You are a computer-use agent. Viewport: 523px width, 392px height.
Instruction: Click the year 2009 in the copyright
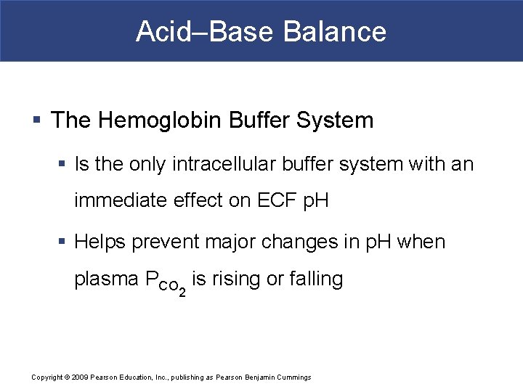click(x=78, y=377)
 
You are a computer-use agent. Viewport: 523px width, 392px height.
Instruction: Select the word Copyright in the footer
click(x=48, y=377)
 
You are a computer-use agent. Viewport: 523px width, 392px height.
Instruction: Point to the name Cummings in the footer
click(x=293, y=377)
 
